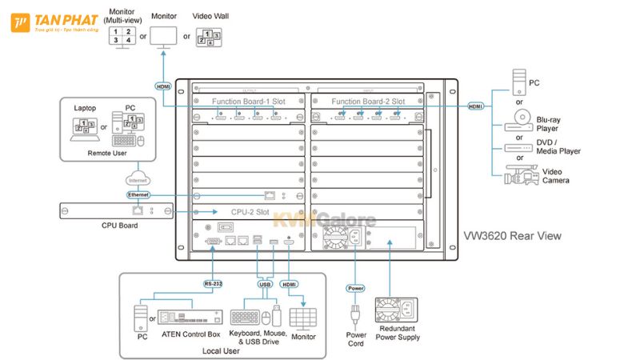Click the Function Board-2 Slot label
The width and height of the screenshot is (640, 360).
(368, 102)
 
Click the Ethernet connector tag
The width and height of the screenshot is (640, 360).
(138, 194)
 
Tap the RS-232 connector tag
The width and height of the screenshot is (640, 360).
(213, 283)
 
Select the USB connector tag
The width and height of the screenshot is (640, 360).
(264, 283)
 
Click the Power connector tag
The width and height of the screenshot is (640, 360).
(354, 287)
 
